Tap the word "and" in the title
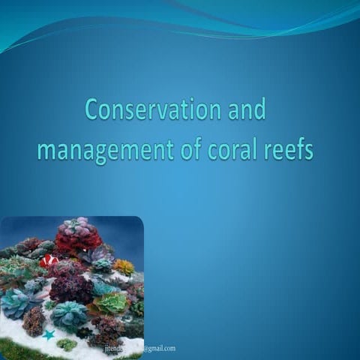click(x=244, y=110)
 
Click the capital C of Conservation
click(x=92, y=110)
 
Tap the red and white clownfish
click(x=49, y=261)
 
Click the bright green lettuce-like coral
click(x=111, y=303)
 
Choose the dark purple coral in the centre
click(x=71, y=288)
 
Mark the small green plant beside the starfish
click(x=66, y=344)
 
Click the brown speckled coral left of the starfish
click(x=34, y=321)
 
